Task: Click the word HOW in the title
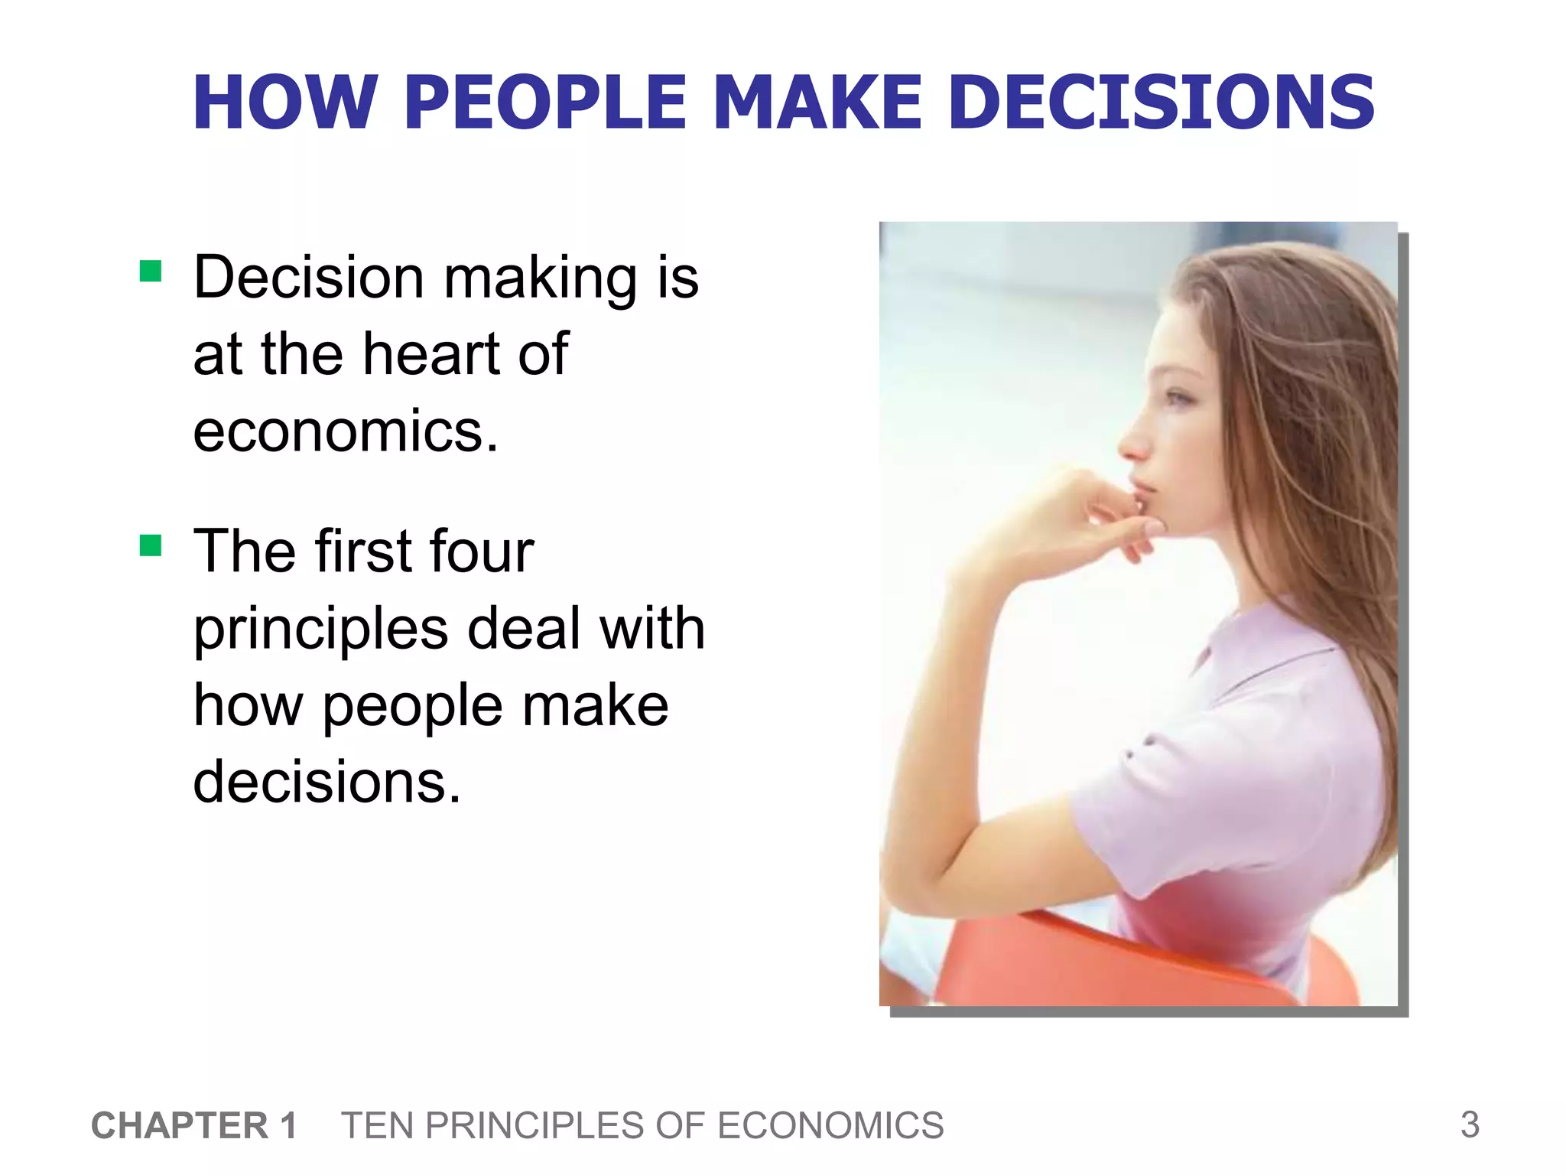coord(284,103)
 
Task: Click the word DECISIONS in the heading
coord(1162,103)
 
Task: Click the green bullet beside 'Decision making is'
coord(151,272)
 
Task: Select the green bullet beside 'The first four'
coord(151,545)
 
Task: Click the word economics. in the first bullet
coord(346,431)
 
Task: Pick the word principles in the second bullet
coord(320,630)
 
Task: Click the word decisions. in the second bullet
coord(327,782)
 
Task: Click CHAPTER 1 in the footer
coord(193,1125)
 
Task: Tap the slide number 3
coord(1470,1125)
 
